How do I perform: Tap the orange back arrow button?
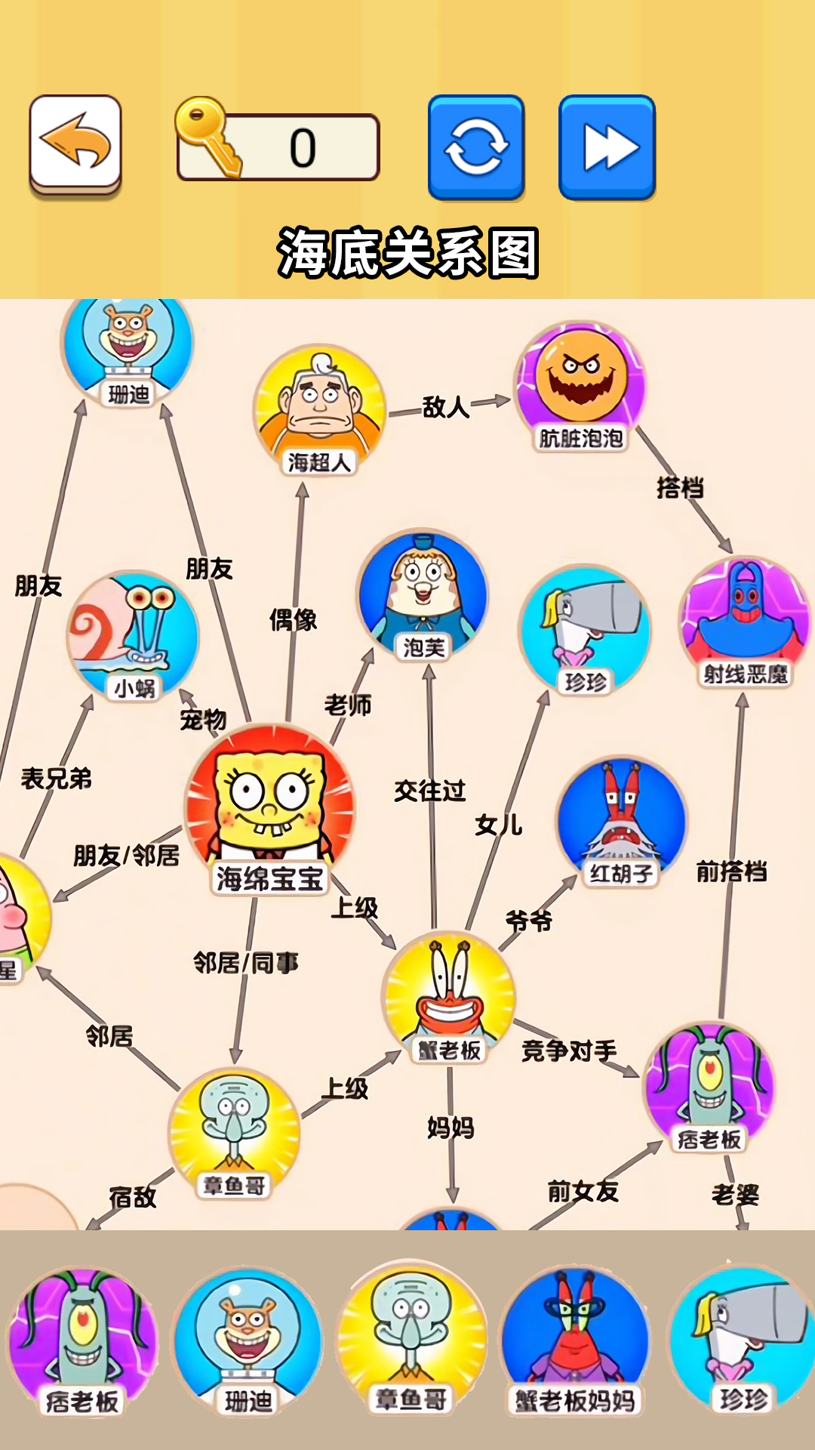[x=75, y=145]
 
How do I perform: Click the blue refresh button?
[x=476, y=147]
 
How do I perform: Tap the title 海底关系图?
[x=407, y=253]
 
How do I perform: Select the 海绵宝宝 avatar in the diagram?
[x=270, y=808]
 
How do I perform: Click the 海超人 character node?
[x=320, y=410]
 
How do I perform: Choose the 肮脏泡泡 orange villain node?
[x=580, y=387]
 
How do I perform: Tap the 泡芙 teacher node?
[x=423, y=595]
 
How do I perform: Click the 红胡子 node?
[x=622, y=822]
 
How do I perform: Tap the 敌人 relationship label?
[x=446, y=407]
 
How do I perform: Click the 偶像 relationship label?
[x=294, y=620]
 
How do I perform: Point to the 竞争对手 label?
[x=569, y=1050]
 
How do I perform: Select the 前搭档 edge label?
[x=731, y=872]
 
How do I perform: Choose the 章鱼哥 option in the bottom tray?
[x=412, y=1338]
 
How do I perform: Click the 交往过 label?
[x=430, y=791]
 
